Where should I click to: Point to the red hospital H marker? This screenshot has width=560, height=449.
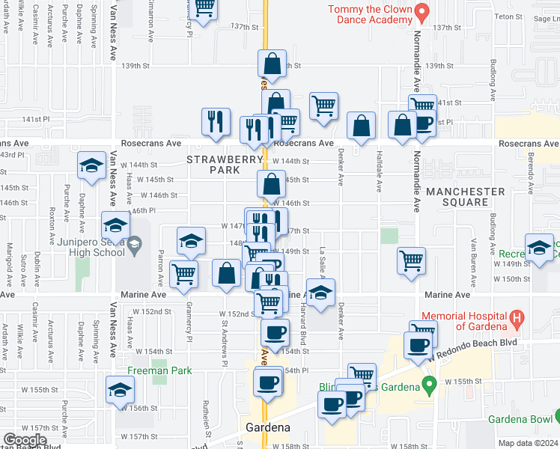[x=516, y=320]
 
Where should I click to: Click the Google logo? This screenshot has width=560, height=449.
[x=25, y=440]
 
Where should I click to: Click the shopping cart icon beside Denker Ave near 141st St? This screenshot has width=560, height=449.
[x=323, y=106]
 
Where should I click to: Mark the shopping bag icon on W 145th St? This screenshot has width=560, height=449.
[x=271, y=183]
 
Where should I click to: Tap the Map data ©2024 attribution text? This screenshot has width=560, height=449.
[x=527, y=443]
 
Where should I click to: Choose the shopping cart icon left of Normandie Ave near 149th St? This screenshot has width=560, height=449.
[x=411, y=261]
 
